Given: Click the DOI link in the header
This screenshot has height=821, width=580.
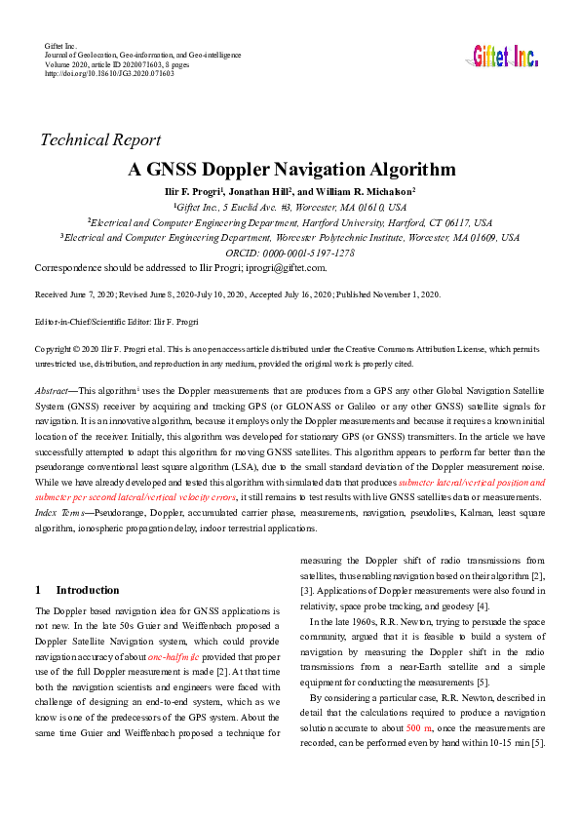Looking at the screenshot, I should [110, 73].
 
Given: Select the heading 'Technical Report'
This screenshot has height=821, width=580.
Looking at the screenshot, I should [100, 139].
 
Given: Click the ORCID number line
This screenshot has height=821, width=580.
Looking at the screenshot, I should [290, 253].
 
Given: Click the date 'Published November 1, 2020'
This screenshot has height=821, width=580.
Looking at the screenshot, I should [389, 293].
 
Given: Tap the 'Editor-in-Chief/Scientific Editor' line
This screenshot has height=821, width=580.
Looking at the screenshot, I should [116, 321].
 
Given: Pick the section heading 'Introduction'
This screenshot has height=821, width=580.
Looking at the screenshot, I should [87, 590].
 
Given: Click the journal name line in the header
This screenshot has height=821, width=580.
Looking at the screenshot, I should [142, 56].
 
